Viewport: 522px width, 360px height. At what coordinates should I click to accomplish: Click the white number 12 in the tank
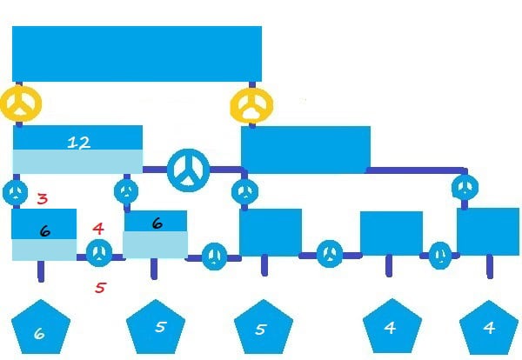tap(78, 143)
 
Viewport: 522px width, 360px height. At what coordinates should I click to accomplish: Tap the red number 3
tap(43, 199)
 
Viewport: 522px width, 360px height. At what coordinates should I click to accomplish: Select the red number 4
tap(98, 229)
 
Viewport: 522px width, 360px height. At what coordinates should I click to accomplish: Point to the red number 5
tap(100, 288)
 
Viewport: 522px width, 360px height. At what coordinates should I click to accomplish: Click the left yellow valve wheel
tap(21, 103)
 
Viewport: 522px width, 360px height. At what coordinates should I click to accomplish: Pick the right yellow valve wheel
tap(251, 105)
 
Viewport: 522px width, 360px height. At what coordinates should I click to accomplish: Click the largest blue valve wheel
tap(189, 170)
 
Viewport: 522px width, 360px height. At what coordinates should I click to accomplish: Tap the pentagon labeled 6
tap(41, 327)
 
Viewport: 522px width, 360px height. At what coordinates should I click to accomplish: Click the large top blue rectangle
tap(137, 54)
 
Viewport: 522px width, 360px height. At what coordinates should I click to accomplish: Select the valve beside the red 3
tap(16, 192)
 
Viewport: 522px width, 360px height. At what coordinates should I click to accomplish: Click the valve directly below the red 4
tap(99, 253)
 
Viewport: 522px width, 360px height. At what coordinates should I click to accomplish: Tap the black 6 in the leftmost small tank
tap(44, 231)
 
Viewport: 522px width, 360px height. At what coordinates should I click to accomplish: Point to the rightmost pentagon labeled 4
tap(489, 327)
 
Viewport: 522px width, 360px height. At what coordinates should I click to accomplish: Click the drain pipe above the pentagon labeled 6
tap(41, 271)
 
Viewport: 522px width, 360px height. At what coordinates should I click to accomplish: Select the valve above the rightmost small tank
tap(465, 187)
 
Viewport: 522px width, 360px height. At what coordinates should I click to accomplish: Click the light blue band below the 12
tap(78, 162)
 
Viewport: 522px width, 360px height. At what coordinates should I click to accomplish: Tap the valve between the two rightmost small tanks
tap(440, 255)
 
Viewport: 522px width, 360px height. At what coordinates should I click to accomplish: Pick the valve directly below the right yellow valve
tap(245, 192)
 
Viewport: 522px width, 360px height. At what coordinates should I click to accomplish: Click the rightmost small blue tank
tap(488, 231)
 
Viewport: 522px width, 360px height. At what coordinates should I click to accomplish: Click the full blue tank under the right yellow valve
tap(305, 150)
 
